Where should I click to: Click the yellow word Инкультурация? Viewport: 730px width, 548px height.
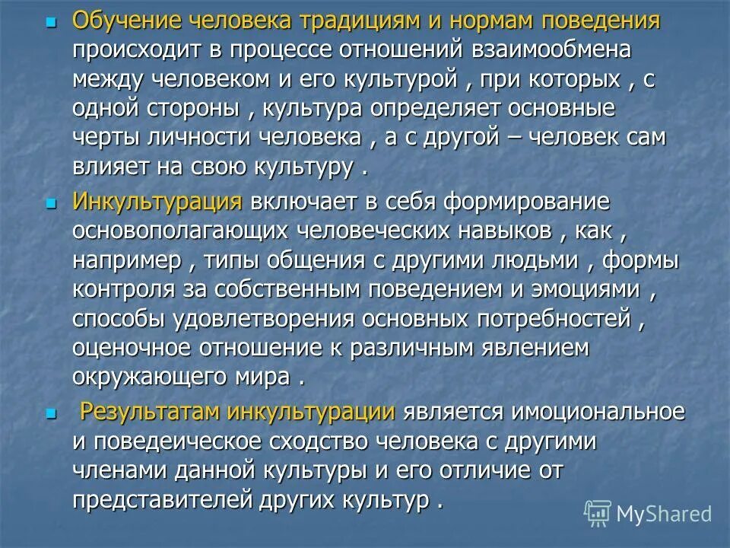pos(157,202)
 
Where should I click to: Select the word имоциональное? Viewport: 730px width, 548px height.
pos(597,413)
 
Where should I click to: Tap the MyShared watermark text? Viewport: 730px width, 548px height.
pos(664,514)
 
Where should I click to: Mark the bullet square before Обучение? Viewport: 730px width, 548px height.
pos(52,23)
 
